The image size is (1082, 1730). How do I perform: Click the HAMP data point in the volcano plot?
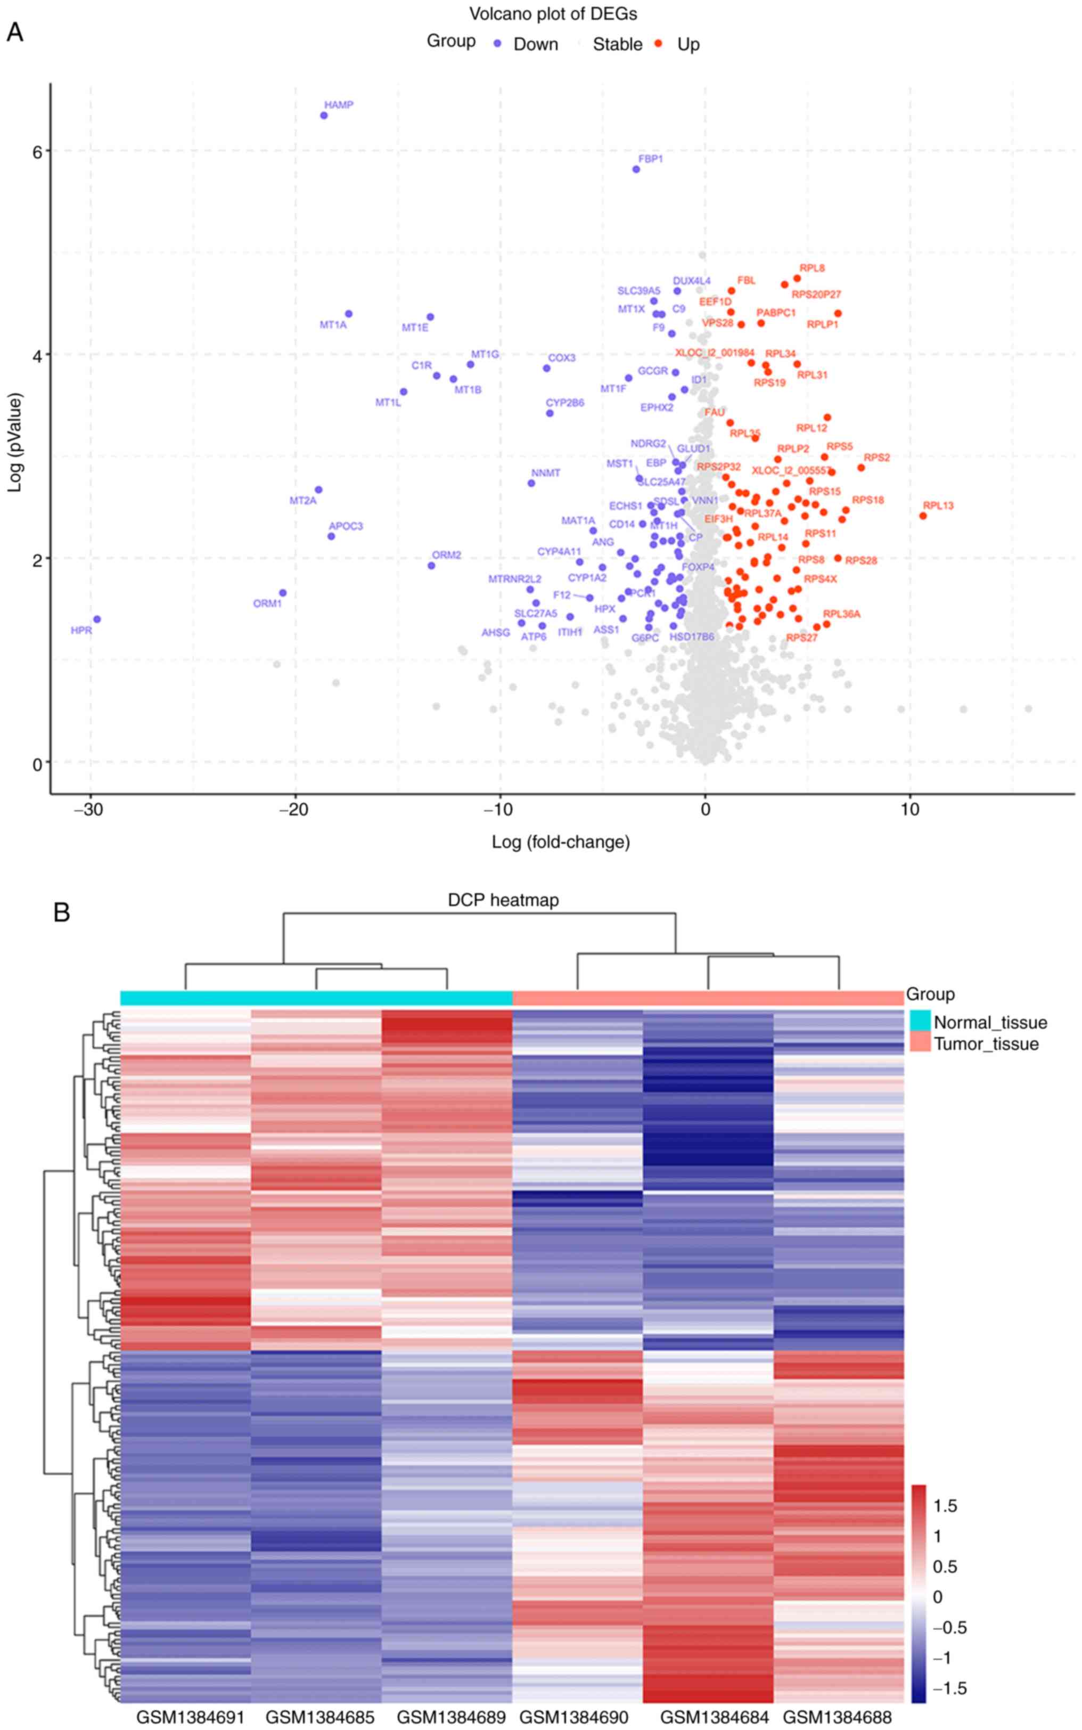(323, 115)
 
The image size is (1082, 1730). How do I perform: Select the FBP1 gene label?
(651, 159)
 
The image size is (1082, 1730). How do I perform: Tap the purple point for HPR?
(96, 619)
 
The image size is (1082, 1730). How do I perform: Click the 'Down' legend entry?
(535, 44)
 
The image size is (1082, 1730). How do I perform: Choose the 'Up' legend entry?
(688, 44)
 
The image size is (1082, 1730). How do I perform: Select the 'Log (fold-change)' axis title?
(560, 842)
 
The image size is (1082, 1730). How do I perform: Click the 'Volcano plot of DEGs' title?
(553, 14)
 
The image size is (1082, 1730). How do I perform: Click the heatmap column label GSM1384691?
(190, 1716)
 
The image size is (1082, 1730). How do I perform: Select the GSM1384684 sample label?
(714, 1716)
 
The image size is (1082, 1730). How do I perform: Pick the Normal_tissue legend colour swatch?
(920, 1022)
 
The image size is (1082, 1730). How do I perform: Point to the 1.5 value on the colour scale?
(945, 1505)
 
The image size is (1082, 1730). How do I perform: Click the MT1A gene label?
(333, 325)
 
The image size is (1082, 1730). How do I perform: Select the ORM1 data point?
(283, 593)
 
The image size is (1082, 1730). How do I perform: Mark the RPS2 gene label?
(876, 458)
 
